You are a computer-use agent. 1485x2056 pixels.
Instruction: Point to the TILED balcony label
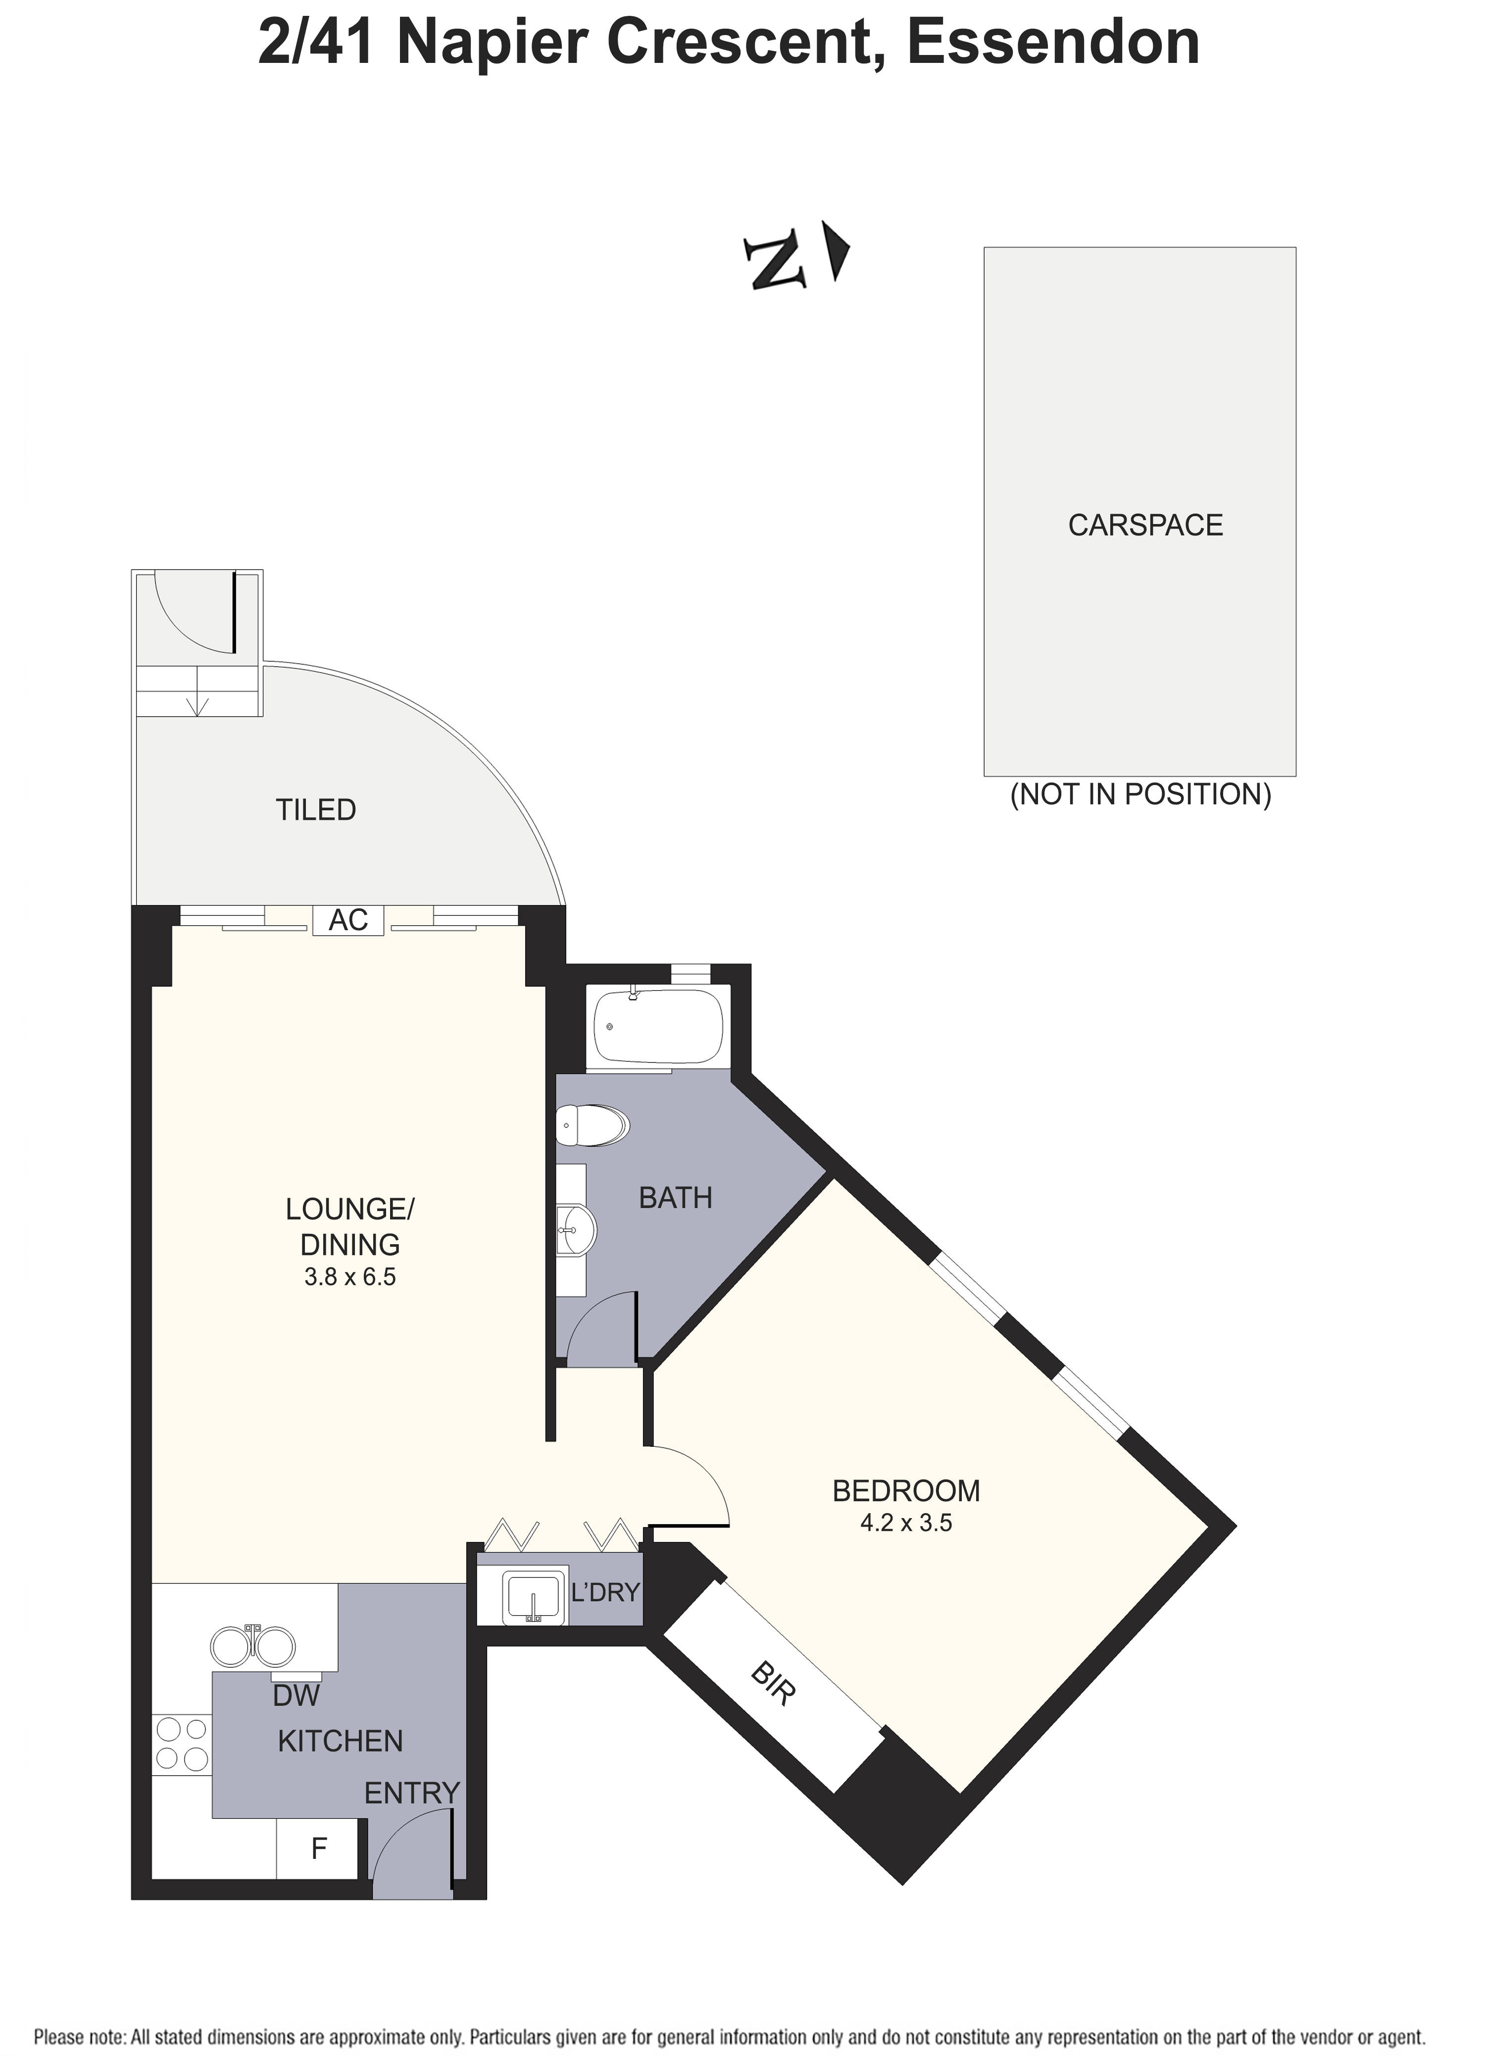click(x=315, y=809)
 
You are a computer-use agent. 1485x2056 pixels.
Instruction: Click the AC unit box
click(x=349, y=920)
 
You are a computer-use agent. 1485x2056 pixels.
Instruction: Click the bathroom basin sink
click(x=574, y=1230)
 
